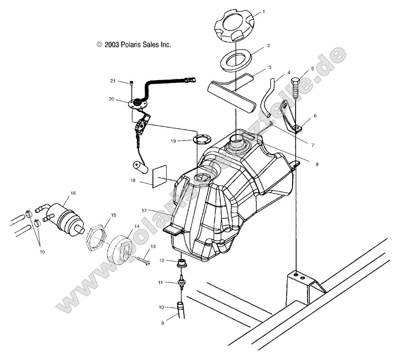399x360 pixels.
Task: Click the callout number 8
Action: coord(317,164)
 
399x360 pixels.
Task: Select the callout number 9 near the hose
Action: coord(163,323)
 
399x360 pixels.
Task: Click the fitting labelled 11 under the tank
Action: coord(182,282)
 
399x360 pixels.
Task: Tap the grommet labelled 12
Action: coord(181,263)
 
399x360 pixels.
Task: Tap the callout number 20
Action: coord(111,99)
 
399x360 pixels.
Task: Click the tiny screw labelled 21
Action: coord(132,82)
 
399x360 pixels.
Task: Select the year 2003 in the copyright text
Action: coord(112,45)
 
